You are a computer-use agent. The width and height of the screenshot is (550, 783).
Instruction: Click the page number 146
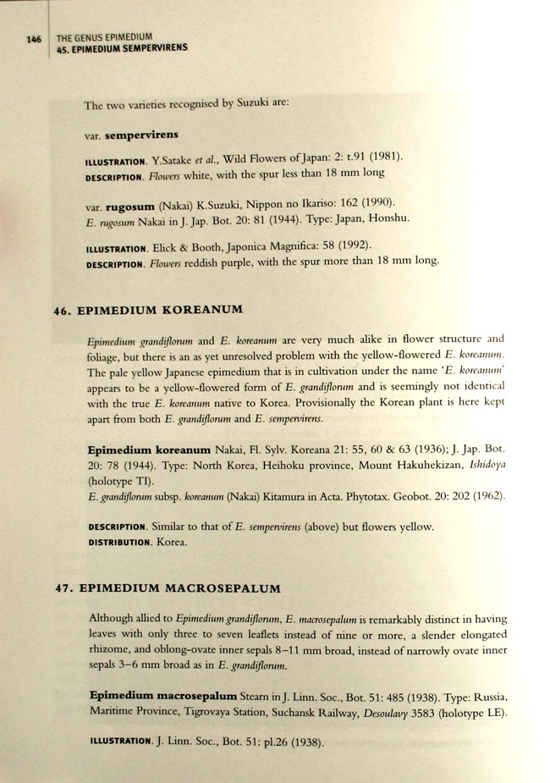click(x=34, y=39)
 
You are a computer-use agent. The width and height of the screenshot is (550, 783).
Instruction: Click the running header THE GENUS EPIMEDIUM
click(x=103, y=37)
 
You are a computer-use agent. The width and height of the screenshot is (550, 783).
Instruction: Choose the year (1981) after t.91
click(x=382, y=156)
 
